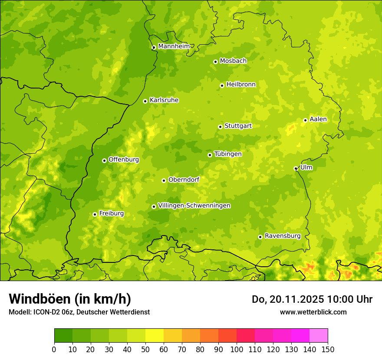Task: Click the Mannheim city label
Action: [x=174, y=46]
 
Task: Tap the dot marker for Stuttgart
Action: [x=220, y=127]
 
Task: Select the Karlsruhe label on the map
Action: [x=164, y=100]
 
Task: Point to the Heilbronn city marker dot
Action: [x=222, y=85]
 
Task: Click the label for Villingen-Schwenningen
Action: [x=194, y=206]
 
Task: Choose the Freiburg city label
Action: [x=111, y=213]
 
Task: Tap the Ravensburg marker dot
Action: [x=260, y=237]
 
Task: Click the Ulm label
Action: [x=306, y=167]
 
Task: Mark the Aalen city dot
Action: [x=305, y=120]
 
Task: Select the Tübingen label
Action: [x=228, y=154]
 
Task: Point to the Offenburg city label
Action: [x=124, y=160]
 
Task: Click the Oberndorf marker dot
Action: [x=164, y=180]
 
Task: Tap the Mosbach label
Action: [x=233, y=61]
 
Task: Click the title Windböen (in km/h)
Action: [x=69, y=299]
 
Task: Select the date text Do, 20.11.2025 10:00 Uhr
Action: [x=312, y=299]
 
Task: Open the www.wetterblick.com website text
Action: [x=313, y=312]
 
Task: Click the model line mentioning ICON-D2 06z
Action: [x=79, y=312]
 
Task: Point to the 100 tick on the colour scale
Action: [x=236, y=349]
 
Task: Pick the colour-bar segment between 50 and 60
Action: [x=154, y=336]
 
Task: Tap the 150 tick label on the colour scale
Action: [x=328, y=349]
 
